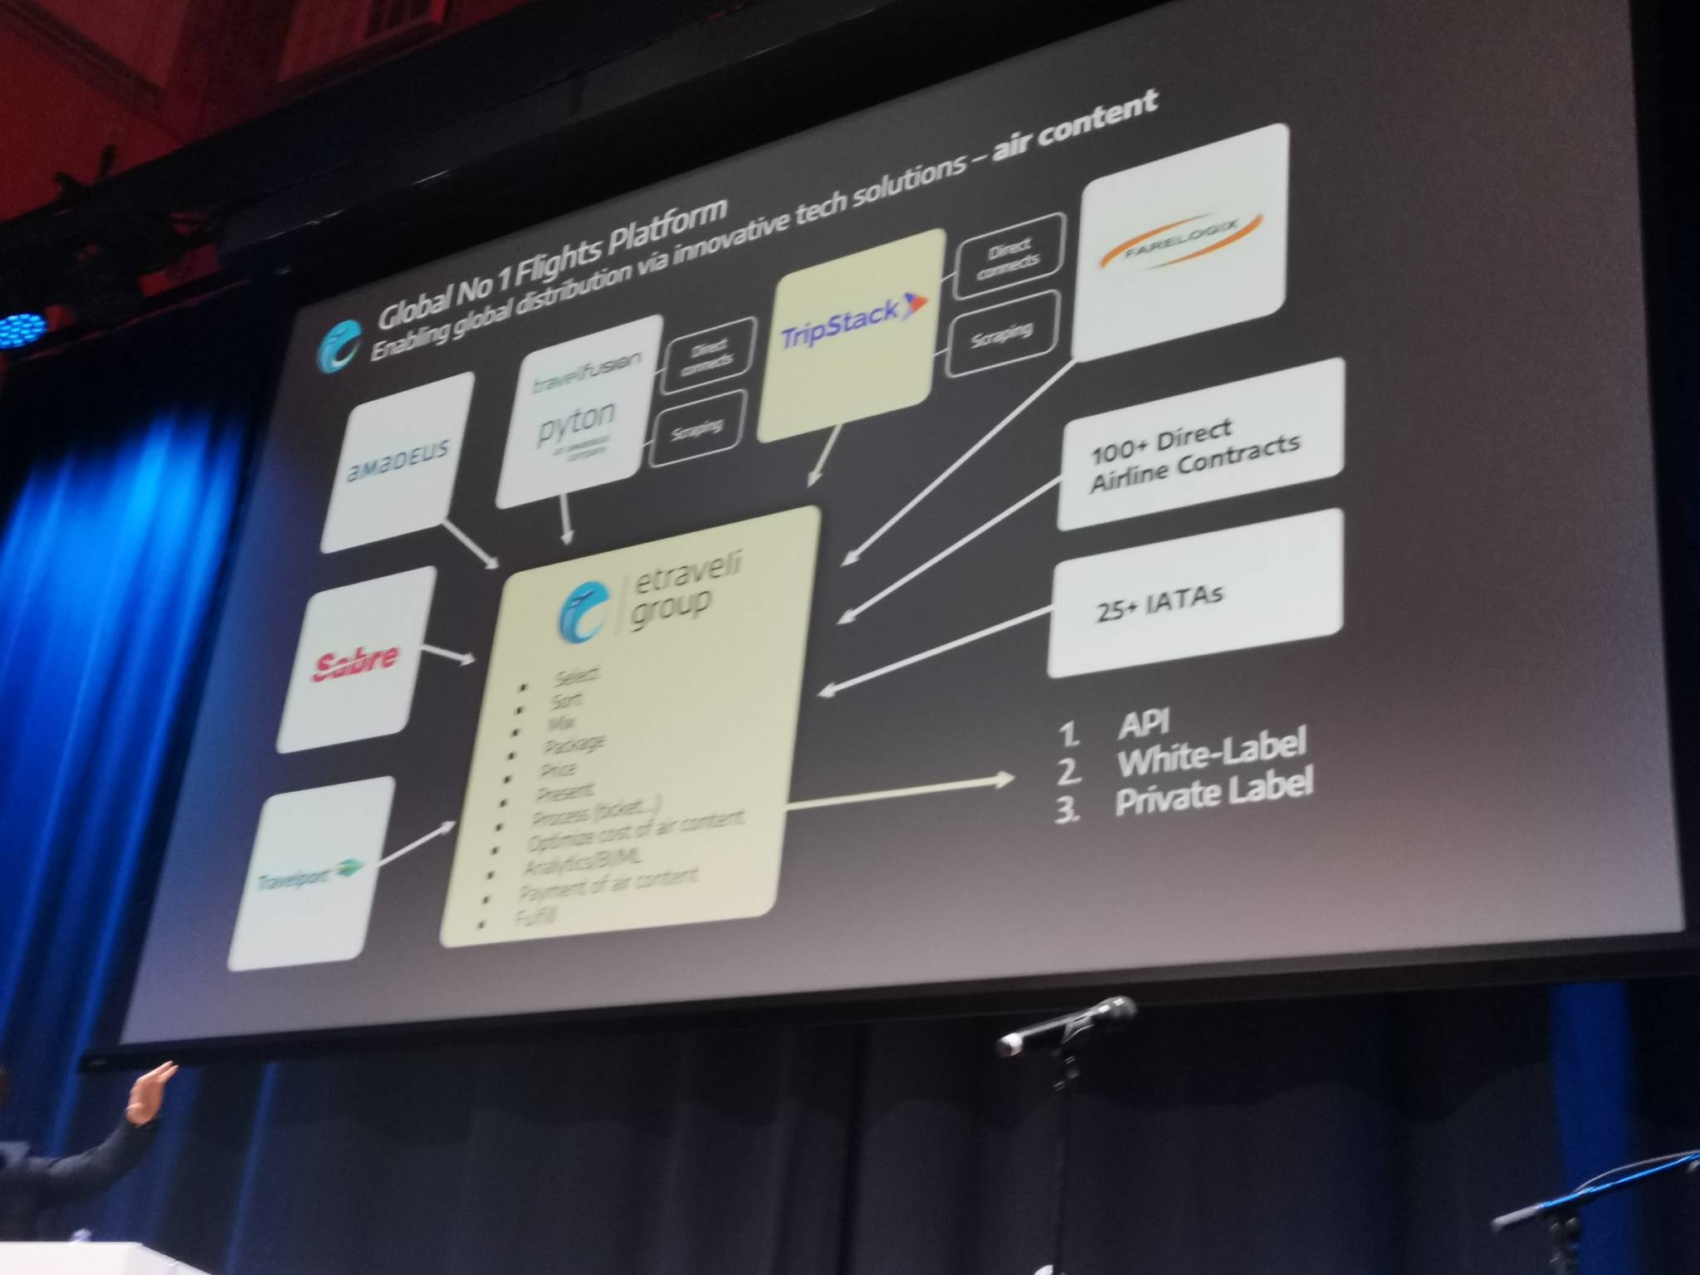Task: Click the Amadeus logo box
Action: click(x=397, y=462)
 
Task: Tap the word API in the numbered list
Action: click(x=1143, y=721)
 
